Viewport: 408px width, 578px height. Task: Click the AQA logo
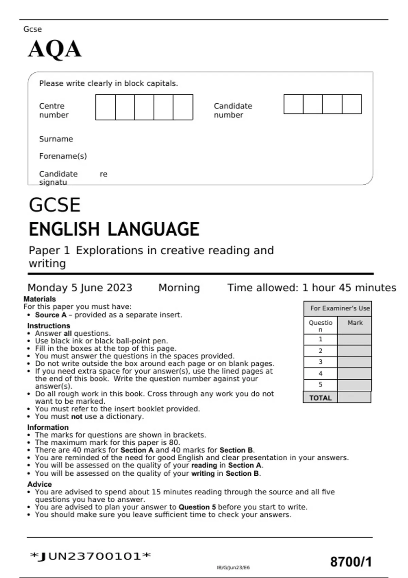(54, 49)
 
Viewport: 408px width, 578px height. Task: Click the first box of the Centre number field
(105, 107)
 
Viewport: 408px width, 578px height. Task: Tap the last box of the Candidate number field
(352, 104)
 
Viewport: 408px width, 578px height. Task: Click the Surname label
(56, 139)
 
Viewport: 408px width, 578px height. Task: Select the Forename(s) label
(63, 156)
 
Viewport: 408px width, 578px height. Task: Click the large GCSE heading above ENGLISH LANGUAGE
(54, 205)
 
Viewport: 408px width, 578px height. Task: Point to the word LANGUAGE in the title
(153, 229)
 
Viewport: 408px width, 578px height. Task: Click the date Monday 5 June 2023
(80, 288)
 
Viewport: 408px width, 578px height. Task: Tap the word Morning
(179, 288)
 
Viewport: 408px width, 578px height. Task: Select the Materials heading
(39, 299)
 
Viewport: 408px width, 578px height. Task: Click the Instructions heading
(49, 325)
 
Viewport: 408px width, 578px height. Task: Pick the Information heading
(48, 427)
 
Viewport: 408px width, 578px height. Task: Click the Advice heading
(39, 484)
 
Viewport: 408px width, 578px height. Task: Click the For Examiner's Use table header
(339, 308)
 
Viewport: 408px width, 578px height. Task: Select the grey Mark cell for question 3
(354, 362)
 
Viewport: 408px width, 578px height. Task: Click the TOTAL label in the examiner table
(320, 398)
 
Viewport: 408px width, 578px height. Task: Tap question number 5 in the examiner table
(320, 385)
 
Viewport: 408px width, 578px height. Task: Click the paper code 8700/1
(351, 562)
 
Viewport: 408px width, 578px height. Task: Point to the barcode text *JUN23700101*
(90, 556)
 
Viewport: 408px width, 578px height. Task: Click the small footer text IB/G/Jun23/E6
(233, 567)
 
